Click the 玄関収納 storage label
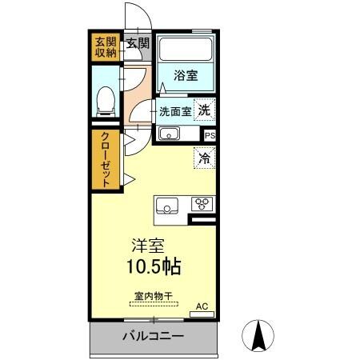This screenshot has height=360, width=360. pyautogui.click(x=105, y=48)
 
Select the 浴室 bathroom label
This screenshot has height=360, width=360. pyautogui.click(x=186, y=76)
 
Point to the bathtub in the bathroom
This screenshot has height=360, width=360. pyautogui.click(x=186, y=54)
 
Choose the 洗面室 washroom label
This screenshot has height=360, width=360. pyautogui.click(x=174, y=112)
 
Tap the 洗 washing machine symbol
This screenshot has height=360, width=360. pyautogui.click(x=206, y=110)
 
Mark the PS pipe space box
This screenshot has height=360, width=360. pyautogui.click(x=210, y=136)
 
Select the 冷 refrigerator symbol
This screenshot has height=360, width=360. pyautogui.click(x=205, y=158)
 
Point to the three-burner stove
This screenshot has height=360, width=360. pyautogui.click(x=202, y=205)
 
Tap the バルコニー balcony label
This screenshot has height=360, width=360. pyautogui.click(x=153, y=336)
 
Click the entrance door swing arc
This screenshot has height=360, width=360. pyautogui.click(x=133, y=18)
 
